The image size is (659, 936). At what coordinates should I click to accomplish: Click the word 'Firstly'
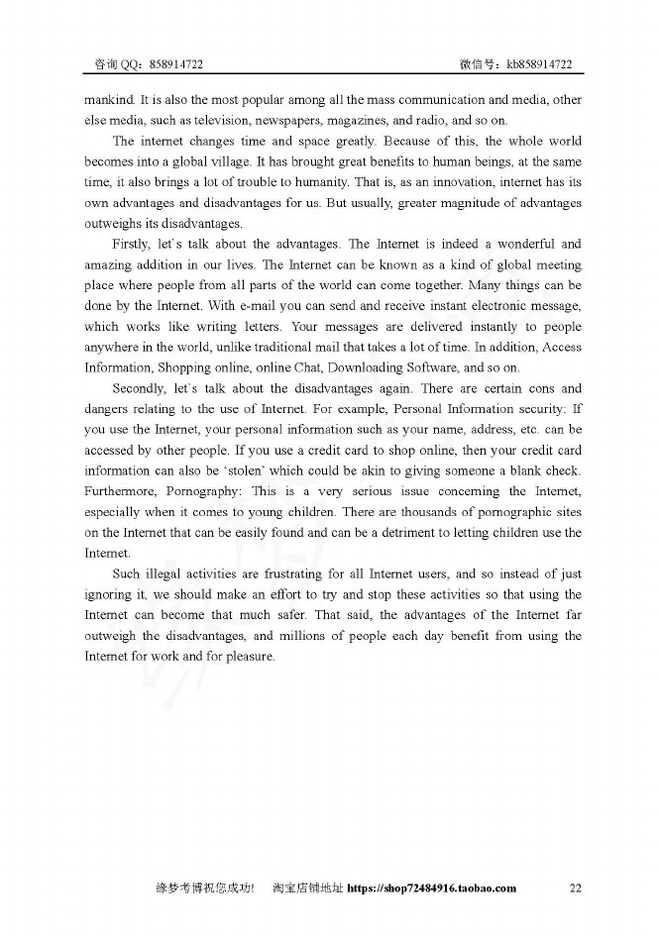[x=134, y=244]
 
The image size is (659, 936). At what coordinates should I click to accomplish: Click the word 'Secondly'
[x=140, y=388]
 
